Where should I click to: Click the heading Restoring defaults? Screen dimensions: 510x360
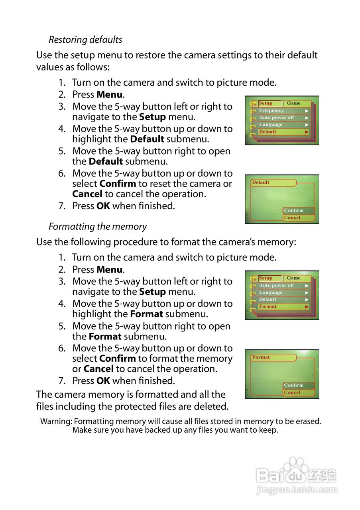85,40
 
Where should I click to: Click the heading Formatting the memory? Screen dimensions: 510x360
98,227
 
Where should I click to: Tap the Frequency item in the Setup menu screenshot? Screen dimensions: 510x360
271,111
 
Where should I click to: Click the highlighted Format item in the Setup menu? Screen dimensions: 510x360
268,307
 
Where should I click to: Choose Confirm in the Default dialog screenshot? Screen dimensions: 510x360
294,210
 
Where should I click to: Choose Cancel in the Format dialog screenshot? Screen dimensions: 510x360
292,392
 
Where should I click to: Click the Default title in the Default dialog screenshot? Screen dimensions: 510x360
261,182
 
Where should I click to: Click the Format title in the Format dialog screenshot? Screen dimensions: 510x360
261,357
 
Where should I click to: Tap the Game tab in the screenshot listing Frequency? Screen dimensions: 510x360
294,103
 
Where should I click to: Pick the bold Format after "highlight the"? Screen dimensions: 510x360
146,314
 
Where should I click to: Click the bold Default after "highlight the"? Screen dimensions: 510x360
147,139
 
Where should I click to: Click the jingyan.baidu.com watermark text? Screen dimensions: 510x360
297,490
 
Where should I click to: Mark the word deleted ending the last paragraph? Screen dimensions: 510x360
213,407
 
